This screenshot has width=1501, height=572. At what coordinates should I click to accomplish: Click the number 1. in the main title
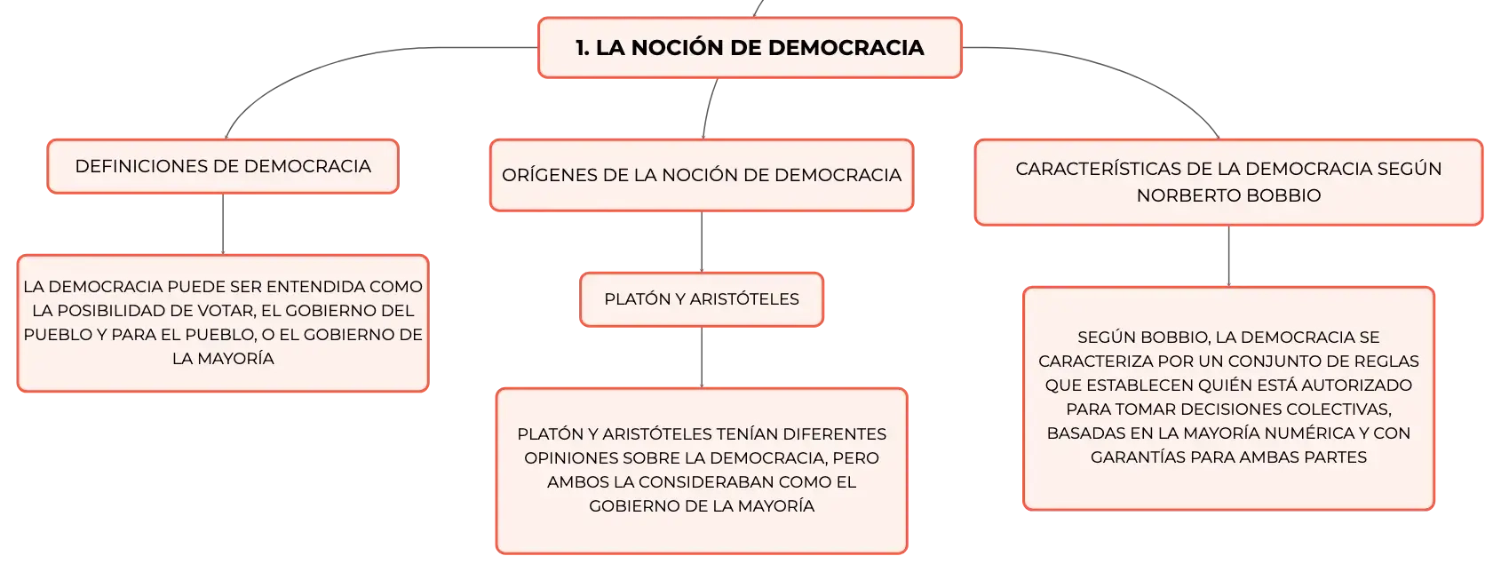(x=583, y=48)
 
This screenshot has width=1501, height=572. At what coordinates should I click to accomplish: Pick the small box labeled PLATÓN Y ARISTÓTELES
(x=702, y=299)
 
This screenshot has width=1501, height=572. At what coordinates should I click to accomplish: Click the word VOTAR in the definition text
(x=227, y=311)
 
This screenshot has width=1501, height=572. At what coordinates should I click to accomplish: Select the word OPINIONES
(x=569, y=458)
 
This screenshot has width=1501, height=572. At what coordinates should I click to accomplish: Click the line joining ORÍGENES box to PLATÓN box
(x=702, y=242)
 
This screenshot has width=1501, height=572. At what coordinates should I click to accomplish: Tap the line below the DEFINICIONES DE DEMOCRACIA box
(x=223, y=225)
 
